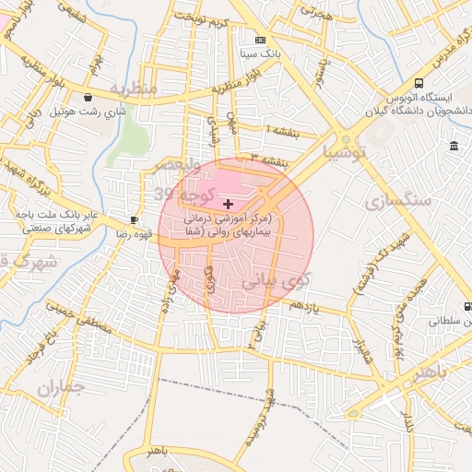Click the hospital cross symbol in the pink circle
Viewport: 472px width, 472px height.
coord(228,203)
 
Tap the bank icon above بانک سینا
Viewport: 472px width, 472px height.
coord(260,40)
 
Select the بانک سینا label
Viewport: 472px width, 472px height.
coord(259,54)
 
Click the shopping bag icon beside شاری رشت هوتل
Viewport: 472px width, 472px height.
coord(87,97)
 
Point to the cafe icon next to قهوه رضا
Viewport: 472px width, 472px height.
coord(134,220)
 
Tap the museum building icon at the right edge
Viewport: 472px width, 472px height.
coord(454,147)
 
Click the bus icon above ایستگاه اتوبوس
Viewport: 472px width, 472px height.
coord(419,81)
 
